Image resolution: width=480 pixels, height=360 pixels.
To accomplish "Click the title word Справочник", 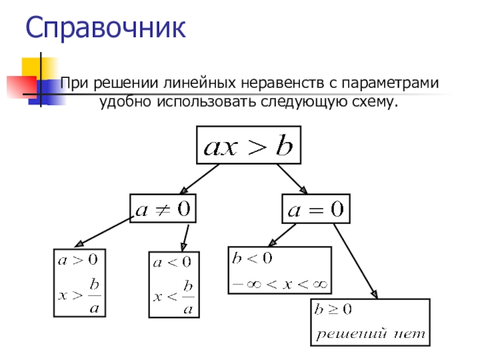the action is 106,29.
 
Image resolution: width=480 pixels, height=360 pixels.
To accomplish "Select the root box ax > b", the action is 248,144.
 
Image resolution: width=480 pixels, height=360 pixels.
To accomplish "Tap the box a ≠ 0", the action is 163,208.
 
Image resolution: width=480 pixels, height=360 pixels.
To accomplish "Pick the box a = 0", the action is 316,209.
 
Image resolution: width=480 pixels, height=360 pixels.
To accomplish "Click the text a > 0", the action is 77,260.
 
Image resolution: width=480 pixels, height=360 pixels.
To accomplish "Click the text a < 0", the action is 172,262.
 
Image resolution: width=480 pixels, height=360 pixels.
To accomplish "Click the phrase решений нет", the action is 370,332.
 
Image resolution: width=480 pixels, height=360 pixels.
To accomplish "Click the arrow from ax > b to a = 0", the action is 292,178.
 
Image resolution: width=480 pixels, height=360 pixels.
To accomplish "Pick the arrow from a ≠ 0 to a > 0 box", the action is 102,233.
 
